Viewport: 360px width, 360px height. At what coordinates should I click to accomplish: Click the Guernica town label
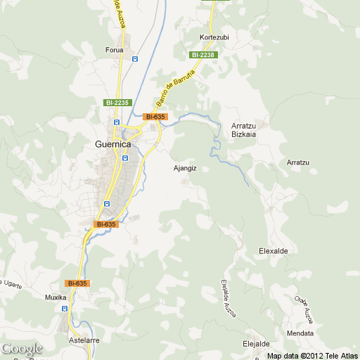112,144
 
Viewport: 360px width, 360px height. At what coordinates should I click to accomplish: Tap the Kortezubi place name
214,37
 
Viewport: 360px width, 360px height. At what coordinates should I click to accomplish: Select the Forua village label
114,50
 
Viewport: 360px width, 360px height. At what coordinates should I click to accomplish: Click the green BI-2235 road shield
118,103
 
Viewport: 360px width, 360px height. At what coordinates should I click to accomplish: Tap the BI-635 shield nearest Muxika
77,283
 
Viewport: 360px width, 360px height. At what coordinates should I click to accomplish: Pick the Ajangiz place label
185,168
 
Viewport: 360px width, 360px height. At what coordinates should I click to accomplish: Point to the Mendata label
300,333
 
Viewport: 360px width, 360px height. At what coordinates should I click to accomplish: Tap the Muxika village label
56,297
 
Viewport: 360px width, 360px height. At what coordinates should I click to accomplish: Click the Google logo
21,349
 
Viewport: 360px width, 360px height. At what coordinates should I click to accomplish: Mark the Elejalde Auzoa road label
228,298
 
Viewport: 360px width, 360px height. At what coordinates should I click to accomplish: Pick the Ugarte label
12,287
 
